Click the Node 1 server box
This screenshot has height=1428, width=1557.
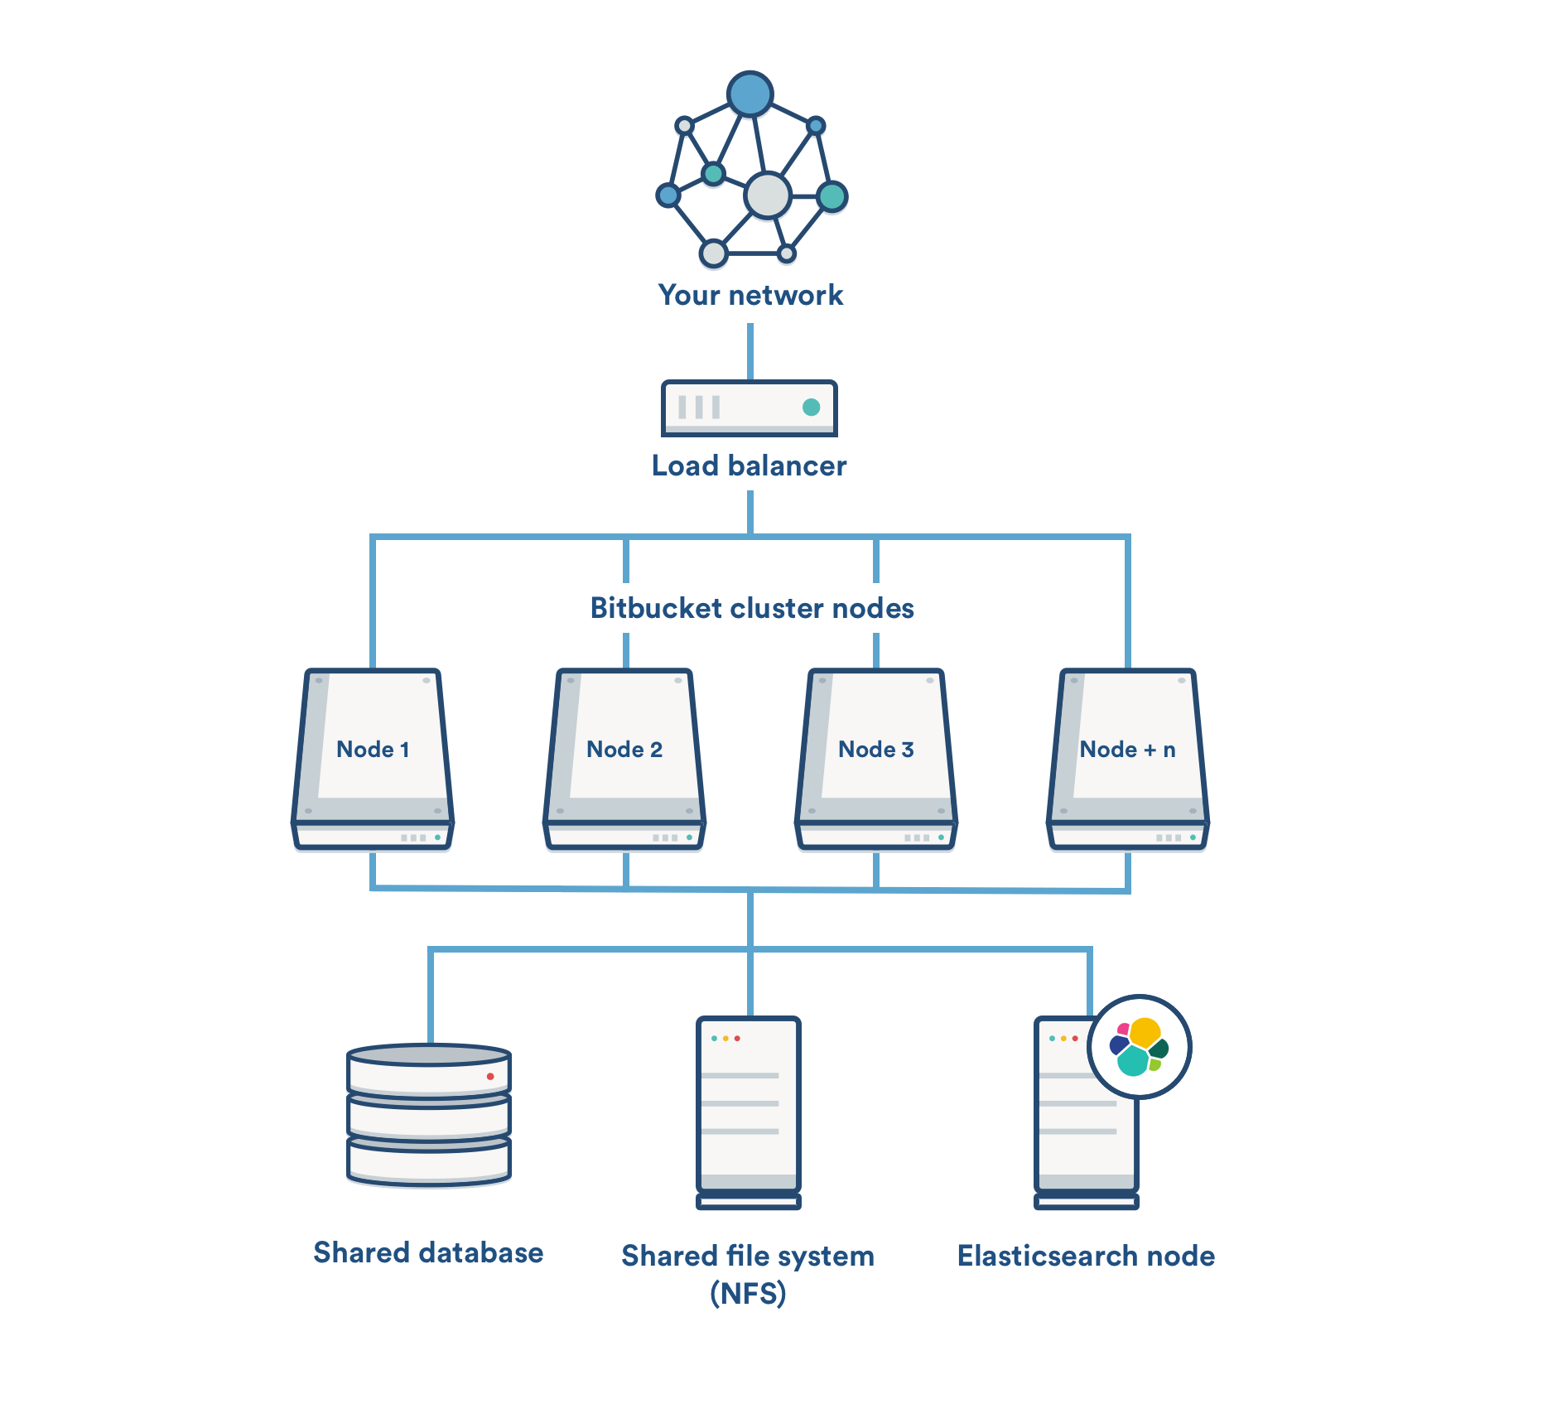pos(373,758)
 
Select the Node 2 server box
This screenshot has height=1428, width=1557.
pos(624,758)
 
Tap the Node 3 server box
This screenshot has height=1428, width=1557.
pos(876,758)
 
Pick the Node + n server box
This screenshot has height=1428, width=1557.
pos(1128,758)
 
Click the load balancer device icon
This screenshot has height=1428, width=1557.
pos(749,408)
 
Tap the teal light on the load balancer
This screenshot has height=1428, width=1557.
pos(811,407)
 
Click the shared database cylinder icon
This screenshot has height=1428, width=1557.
pos(429,1114)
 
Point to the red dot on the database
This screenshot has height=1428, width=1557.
pos(490,1076)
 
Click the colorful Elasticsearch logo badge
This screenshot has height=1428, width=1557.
pos(1139,1047)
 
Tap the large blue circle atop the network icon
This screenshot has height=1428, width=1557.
pos(750,94)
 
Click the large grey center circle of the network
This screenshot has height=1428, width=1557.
pos(768,195)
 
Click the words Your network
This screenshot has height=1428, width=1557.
pos(750,295)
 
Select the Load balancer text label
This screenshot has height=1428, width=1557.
pos(749,466)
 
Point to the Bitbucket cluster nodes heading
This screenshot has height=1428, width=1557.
pos(752,608)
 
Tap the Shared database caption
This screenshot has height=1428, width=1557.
pos(428,1252)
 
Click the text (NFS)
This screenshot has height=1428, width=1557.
pos(748,1293)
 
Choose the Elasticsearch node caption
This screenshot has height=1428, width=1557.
pos(1086,1256)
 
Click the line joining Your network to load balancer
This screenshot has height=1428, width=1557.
pos(750,351)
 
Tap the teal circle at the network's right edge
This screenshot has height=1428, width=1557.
pos(832,196)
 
